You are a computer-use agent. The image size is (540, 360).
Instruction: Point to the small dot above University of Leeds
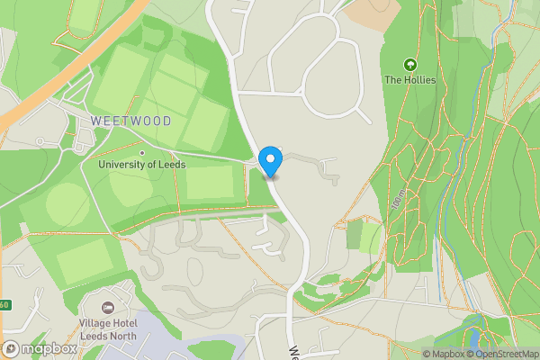[139, 151]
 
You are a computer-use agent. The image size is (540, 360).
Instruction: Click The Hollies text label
[409, 80]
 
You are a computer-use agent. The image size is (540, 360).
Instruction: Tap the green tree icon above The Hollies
[410, 65]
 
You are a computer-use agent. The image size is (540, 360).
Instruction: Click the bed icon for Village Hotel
[109, 309]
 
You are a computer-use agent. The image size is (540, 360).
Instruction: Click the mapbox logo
[40, 348]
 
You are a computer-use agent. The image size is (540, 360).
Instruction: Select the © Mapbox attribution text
[444, 354]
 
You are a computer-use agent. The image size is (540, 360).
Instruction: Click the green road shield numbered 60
[3, 305]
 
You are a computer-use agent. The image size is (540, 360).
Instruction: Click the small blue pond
[475, 339]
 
